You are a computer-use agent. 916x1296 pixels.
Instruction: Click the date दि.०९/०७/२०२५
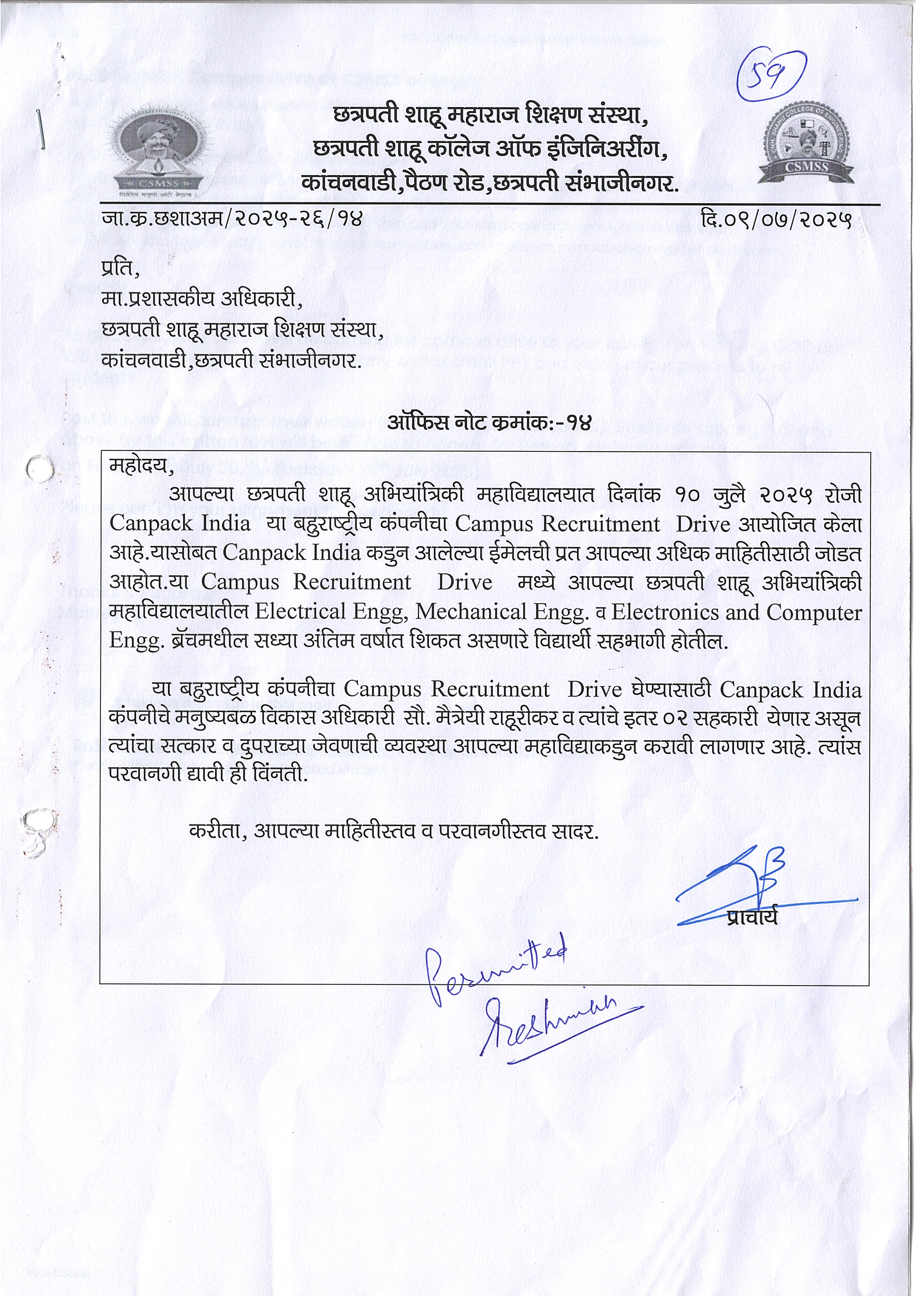click(776, 219)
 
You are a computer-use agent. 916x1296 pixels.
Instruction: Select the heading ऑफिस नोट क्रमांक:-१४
click(489, 423)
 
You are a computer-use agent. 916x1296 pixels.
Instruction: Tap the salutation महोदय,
click(142, 467)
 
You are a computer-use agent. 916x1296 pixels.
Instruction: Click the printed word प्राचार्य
click(752, 917)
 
